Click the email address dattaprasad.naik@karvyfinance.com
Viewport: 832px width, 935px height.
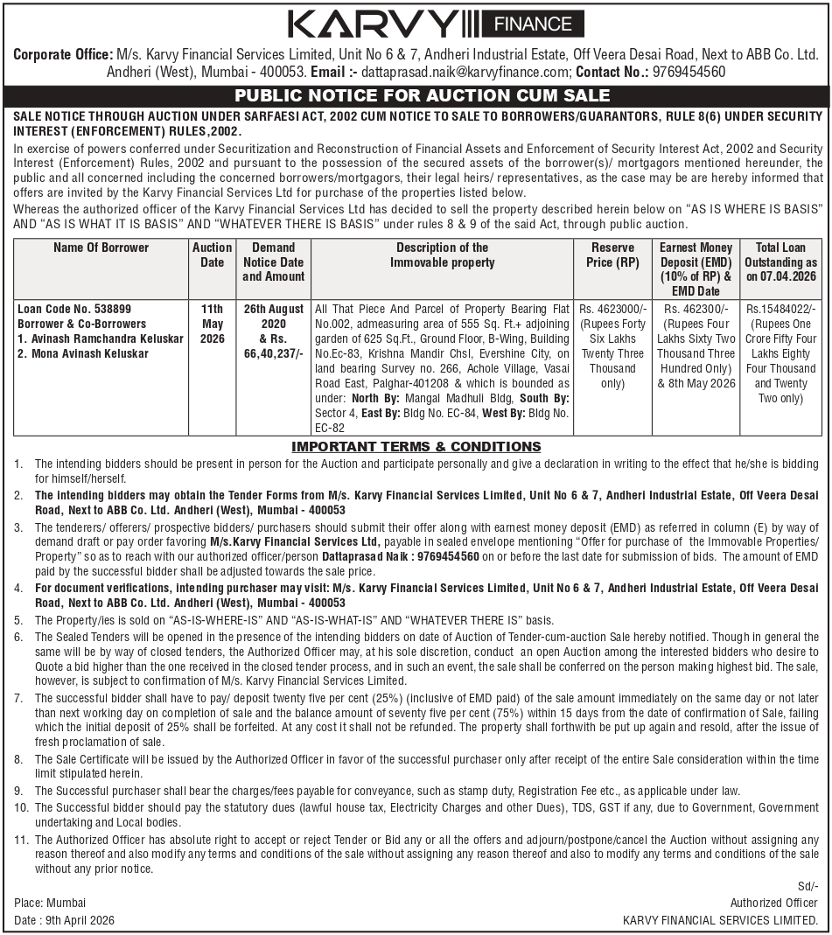pos(465,72)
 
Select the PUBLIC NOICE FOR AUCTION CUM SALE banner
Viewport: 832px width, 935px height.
pos(416,96)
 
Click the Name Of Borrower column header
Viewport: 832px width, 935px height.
pos(101,248)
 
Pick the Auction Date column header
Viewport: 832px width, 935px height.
pos(213,255)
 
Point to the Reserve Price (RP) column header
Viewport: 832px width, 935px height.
pos(613,255)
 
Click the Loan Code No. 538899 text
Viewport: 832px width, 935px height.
pos(74,309)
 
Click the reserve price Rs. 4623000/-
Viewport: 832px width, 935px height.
pos(613,309)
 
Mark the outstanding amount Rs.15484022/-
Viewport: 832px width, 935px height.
pos(780,309)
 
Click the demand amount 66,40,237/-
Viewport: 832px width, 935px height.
pos(274,353)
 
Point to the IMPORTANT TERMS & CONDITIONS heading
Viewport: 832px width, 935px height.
pos(416,447)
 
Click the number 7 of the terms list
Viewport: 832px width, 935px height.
pos(18,698)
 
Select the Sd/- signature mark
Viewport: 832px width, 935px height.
pos(808,887)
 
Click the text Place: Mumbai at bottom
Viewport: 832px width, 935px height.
pos(50,903)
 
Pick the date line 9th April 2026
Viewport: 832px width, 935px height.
pos(64,920)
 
